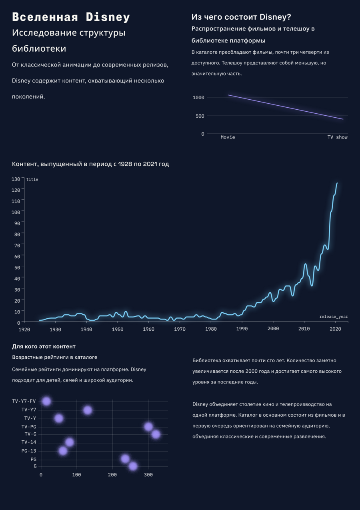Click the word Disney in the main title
(108, 17)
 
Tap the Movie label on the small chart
(228, 137)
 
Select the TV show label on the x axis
(338, 137)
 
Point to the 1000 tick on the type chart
(198, 98)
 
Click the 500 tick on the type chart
(200, 116)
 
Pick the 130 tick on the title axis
(16, 179)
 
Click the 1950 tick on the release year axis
(118, 329)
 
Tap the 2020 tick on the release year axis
(335, 329)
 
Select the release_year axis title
(334, 317)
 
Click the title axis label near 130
(32, 179)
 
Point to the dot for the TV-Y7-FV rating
(46, 401)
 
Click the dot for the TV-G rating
(156, 434)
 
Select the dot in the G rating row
(133, 466)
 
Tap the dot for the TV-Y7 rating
(88, 410)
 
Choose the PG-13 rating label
(29, 451)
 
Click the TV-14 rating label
(29, 442)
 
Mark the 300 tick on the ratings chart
(148, 475)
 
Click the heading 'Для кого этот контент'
(44, 347)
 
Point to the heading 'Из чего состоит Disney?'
(241, 17)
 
